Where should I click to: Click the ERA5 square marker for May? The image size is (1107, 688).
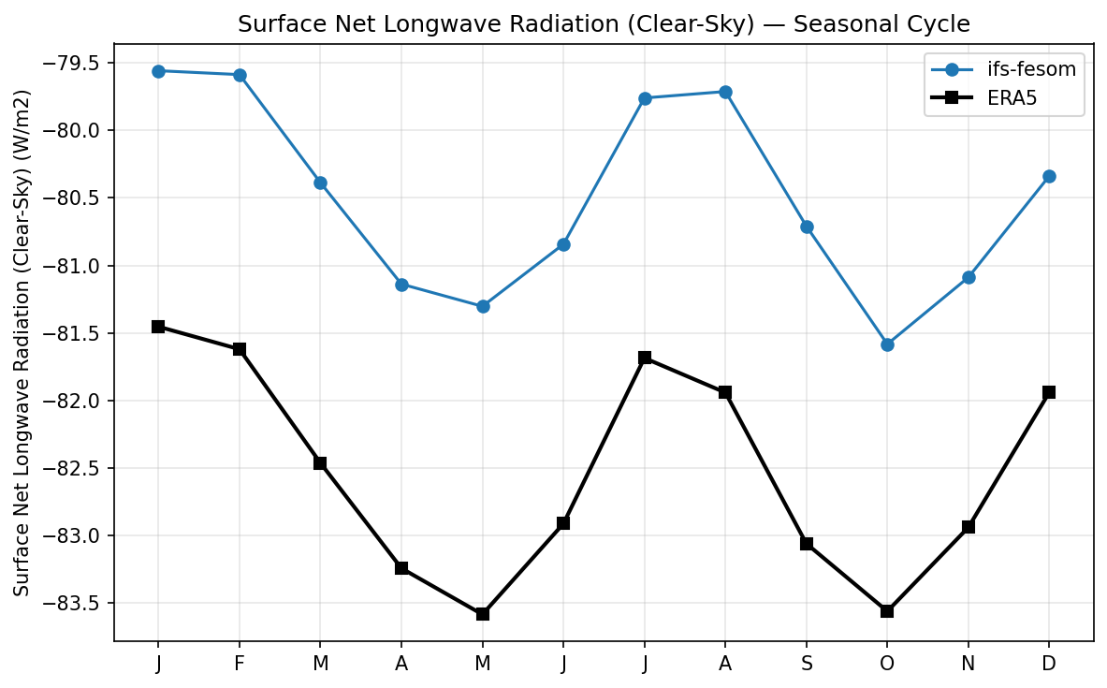(483, 614)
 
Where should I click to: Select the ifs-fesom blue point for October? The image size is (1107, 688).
(887, 344)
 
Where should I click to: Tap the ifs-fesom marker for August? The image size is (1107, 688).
(725, 92)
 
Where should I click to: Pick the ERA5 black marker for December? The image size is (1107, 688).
(1049, 392)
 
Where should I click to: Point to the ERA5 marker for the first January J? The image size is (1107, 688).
(158, 327)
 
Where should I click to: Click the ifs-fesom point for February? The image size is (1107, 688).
(240, 75)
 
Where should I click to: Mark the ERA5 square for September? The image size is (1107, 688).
(807, 544)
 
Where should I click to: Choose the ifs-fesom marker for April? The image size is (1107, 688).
(401, 285)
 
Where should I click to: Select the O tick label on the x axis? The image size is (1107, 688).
(887, 664)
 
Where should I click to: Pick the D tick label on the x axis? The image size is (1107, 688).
(1049, 664)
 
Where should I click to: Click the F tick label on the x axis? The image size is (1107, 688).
(240, 664)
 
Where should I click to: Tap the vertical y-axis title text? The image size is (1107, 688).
(22, 343)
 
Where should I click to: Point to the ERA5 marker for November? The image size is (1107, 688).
(969, 527)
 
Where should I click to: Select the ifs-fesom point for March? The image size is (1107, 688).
(320, 183)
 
